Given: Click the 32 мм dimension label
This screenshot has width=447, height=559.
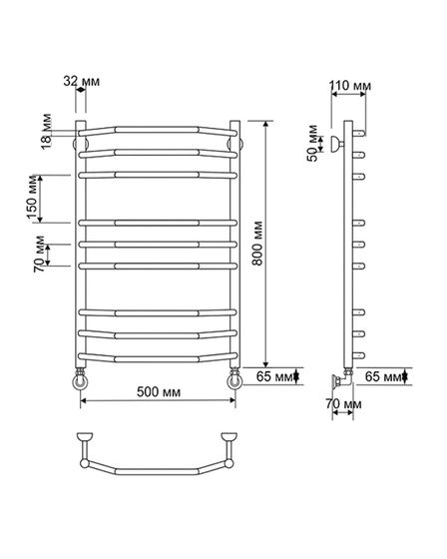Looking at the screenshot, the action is pyautogui.click(x=82, y=81).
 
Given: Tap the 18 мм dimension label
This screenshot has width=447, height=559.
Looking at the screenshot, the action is pyautogui.click(x=46, y=132).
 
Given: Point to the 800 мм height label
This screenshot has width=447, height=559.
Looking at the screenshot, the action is pyautogui.click(x=256, y=244).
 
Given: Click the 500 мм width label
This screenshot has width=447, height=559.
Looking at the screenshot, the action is pyautogui.click(x=159, y=391).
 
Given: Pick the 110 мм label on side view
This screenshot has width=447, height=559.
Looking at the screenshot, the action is pyautogui.click(x=349, y=86).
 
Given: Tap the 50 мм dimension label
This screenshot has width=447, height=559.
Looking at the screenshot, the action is pyautogui.click(x=312, y=144).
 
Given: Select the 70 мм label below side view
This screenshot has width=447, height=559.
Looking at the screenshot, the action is pyautogui.click(x=343, y=404).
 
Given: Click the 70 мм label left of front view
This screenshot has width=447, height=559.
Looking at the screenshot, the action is pyautogui.click(x=40, y=255).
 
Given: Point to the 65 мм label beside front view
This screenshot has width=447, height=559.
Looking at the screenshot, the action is pyautogui.click(x=274, y=376).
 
